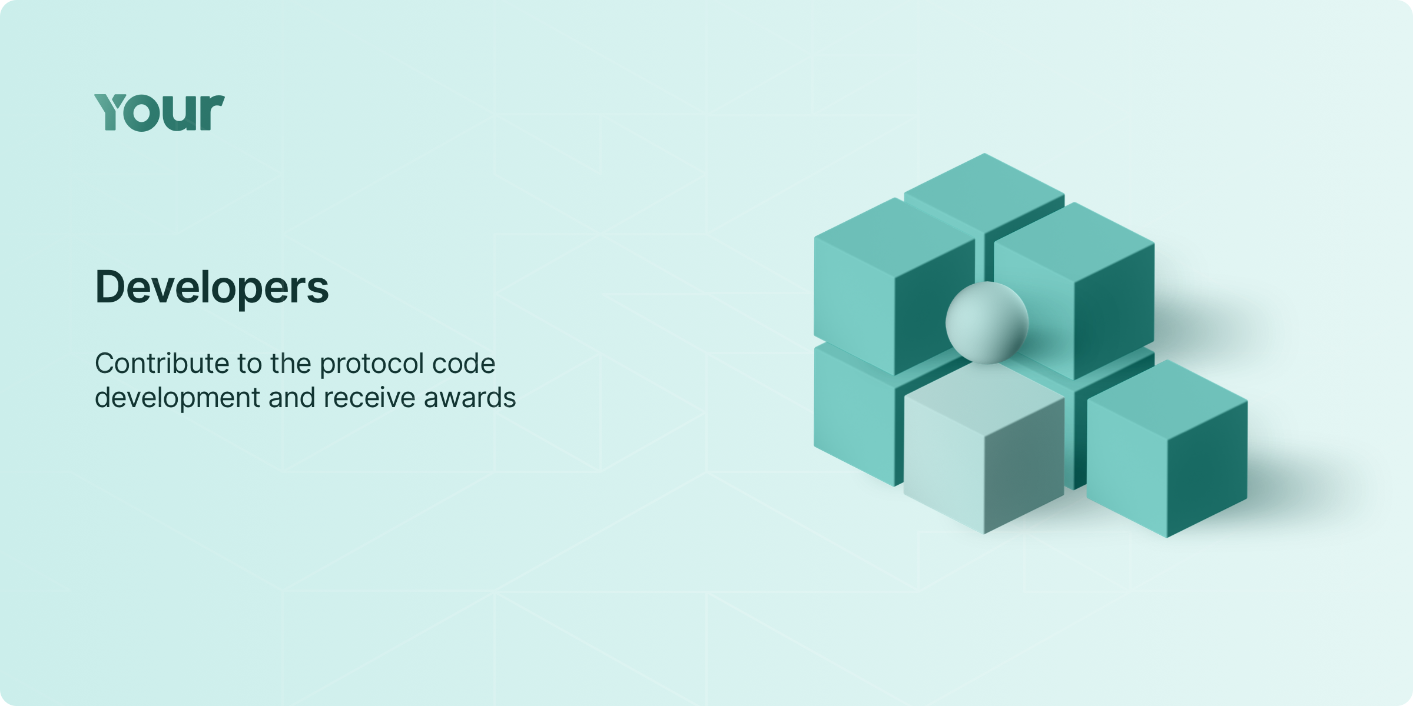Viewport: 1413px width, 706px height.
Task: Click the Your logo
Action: tap(160, 112)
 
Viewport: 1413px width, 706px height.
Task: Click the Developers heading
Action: tap(212, 288)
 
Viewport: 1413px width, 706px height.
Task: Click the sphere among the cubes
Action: tap(987, 322)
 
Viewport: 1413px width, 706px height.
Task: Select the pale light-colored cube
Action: tap(984, 450)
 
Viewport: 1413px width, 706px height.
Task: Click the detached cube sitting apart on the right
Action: tap(1167, 448)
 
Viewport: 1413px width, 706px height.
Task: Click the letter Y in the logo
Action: tap(112, 112)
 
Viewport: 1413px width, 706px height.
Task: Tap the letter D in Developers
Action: tap(112, 287)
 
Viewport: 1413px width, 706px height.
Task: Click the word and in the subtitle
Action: tap(291, 398)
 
